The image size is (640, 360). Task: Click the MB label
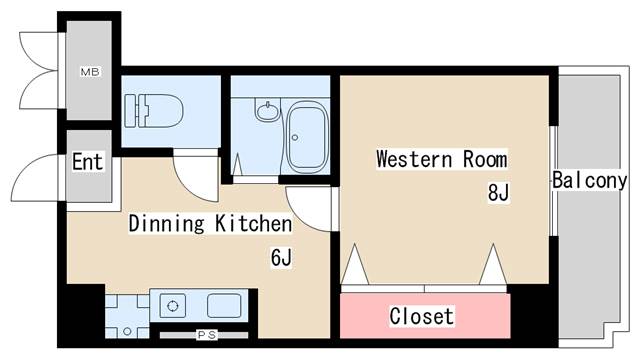[x=89, y=72]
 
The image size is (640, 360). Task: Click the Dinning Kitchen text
[x=210, y=224]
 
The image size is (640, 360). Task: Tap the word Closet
[x=421, y=317]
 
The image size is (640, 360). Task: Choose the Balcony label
[x=589, y=181]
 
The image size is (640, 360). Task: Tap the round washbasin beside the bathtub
[x=267, y=111]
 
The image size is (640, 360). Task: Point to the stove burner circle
[x=171, y=306]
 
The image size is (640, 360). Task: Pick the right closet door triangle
[x=492, y=267]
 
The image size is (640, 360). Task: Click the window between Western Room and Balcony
[x=553, y=180]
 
